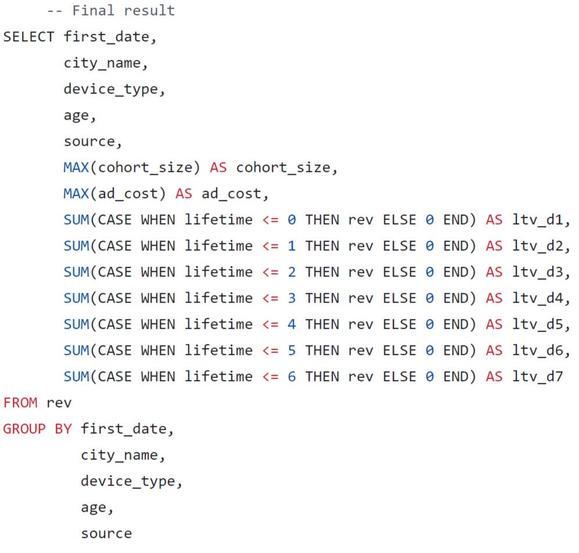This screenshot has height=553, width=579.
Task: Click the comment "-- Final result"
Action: (111, 10)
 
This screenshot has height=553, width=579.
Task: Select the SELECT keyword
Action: (28, 37)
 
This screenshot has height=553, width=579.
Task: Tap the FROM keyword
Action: (20, 402)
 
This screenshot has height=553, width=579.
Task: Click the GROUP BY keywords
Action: (37, 429)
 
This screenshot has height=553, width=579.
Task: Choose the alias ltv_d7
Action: (538, 376)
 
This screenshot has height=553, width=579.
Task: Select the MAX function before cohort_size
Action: (76, 167)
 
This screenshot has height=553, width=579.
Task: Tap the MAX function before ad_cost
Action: (76, 193)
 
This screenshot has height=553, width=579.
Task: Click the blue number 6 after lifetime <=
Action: (292, 376)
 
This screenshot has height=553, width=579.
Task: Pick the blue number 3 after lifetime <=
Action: (292, 298)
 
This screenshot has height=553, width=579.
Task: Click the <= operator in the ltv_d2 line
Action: (270, 246)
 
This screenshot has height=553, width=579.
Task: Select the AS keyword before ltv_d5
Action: (494, 324)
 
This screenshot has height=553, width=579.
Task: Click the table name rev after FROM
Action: (59, 402)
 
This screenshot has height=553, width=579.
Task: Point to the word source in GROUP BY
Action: (106, 533)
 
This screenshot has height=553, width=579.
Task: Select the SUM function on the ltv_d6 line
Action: (76, 350)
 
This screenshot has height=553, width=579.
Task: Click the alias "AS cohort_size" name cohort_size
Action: (283, 167)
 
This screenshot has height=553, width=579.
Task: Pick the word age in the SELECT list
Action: (76, 115)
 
